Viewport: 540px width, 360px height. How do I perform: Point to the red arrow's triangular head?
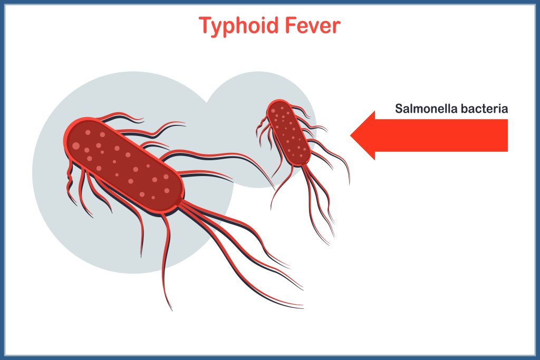click(364, 135)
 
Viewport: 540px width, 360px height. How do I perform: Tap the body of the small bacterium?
click(288, 132)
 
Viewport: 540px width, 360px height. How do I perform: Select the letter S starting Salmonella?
click(399, 109)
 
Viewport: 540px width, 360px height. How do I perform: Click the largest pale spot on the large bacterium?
click(76, 145)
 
